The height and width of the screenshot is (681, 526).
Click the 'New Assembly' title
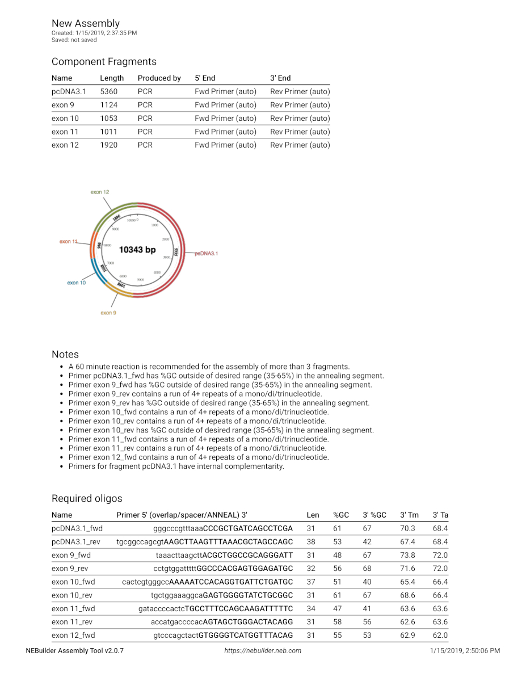[x=86, y=23]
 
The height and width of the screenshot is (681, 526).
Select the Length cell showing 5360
[x=109, y=91]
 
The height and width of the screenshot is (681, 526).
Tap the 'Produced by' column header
[x=159, y=78]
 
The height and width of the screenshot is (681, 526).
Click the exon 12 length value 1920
[x=109, y=145]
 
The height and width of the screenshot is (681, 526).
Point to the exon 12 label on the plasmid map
[x=100, y=192]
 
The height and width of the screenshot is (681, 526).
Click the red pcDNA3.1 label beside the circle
[x=206, y=254]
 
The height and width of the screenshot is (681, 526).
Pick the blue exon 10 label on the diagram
[x=77, y=283]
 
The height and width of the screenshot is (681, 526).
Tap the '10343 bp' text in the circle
[x=137, y=250]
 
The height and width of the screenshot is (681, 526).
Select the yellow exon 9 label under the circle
[x=108, y=313]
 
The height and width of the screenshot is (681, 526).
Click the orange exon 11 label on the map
[x=68, y=242]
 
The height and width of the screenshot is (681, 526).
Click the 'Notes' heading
[x=65, y=354]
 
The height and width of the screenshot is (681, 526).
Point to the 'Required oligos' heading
[x=87, y=498]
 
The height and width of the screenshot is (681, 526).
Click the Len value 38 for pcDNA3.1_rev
[x=311, y=542]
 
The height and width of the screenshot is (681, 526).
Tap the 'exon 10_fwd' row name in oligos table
[x=73, y=582]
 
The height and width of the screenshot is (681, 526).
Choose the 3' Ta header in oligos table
[x=440, y=515]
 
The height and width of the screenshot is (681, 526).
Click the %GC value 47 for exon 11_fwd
[x=338, y=608]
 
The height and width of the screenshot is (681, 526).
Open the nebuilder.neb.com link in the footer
[x=263, y=650]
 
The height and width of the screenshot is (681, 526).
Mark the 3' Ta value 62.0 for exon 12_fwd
[x=440, y=635]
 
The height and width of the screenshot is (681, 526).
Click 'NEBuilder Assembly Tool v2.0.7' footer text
[x=74, y=650]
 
